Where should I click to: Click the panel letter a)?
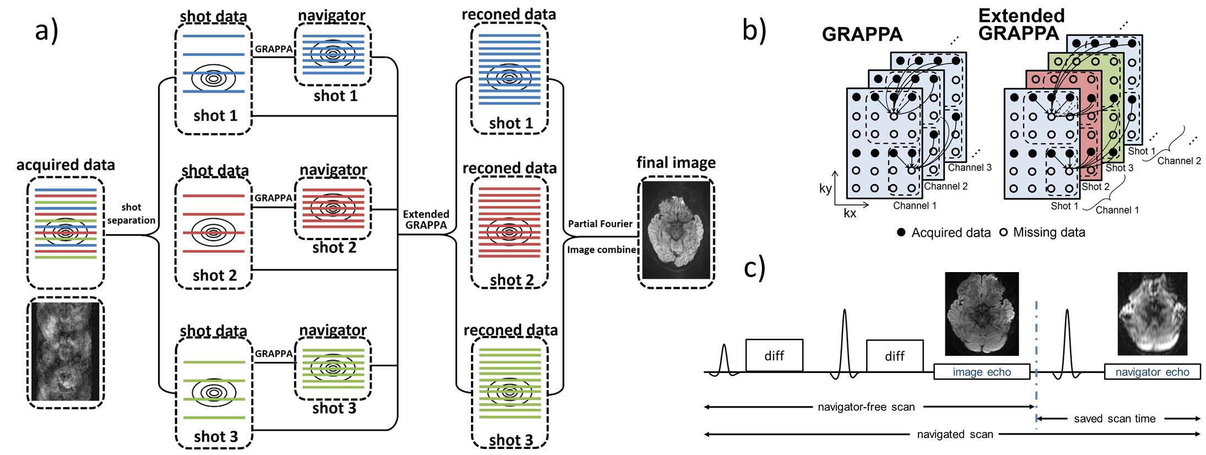coord(46,31)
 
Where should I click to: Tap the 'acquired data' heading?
coord(66,165)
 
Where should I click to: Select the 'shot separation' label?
coord(131,214)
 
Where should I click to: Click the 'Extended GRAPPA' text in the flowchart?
coord(426,219)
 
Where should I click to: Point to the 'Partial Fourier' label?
coord(600,224)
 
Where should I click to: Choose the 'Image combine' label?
coord(601,250)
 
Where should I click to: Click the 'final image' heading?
coord(676,162)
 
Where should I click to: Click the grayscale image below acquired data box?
coord(66,352)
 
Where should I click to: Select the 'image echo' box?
coord(981,372)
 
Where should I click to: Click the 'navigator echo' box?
coord(1152,372)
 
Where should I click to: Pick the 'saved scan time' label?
coord(1115,419)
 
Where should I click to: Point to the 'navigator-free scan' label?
coord(866,407)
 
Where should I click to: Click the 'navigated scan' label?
coord(955,434)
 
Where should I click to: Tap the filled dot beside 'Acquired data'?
coord(901,232)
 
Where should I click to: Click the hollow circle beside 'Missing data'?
coord(1003,232)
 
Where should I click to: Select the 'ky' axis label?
coord(825,188)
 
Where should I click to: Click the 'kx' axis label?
coord(850,213)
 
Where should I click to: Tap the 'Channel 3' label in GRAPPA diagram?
coord(970,167)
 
